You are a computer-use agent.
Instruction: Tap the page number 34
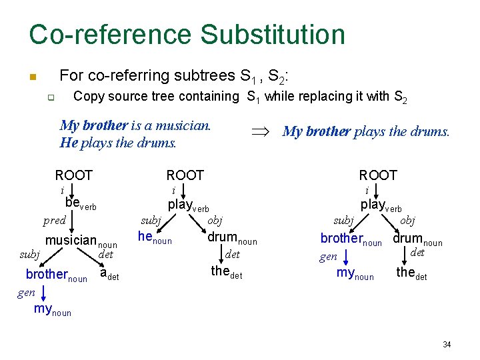coord(447,345)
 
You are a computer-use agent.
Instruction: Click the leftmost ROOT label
coord(73,175)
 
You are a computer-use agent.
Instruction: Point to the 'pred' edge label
coord(54,221)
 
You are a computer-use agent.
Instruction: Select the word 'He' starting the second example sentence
coord(68,142)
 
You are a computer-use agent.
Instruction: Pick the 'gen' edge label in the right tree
coord(328,257)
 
